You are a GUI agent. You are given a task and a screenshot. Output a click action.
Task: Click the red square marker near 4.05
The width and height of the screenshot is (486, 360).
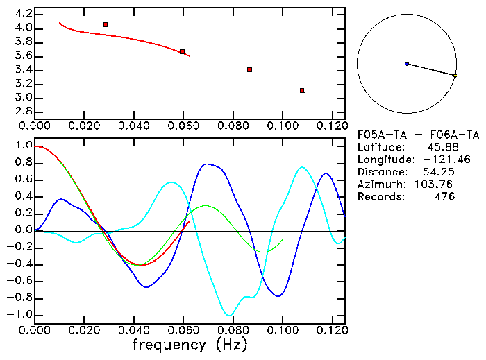(x=106, y=24)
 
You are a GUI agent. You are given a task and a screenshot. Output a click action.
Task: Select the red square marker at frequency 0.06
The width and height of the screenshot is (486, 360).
(x=182, y=51)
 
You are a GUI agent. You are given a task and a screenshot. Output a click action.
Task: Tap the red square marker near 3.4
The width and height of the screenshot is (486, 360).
(x=249, y=69)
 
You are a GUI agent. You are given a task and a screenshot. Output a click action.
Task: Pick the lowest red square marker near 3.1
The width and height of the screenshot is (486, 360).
(x=302, y=90)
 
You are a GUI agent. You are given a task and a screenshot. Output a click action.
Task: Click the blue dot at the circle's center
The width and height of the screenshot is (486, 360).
(x=407, y=64)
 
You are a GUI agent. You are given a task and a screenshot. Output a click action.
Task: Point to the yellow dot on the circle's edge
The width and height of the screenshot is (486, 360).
(x=455, y=75)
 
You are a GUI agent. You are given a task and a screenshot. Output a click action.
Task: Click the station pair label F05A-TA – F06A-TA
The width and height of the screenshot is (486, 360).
(x=418, y=135)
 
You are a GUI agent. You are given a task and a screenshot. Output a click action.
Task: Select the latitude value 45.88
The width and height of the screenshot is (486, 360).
(x=440, y=147)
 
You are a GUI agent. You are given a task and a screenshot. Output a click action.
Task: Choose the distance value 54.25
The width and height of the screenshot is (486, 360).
(x=439, y=172)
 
